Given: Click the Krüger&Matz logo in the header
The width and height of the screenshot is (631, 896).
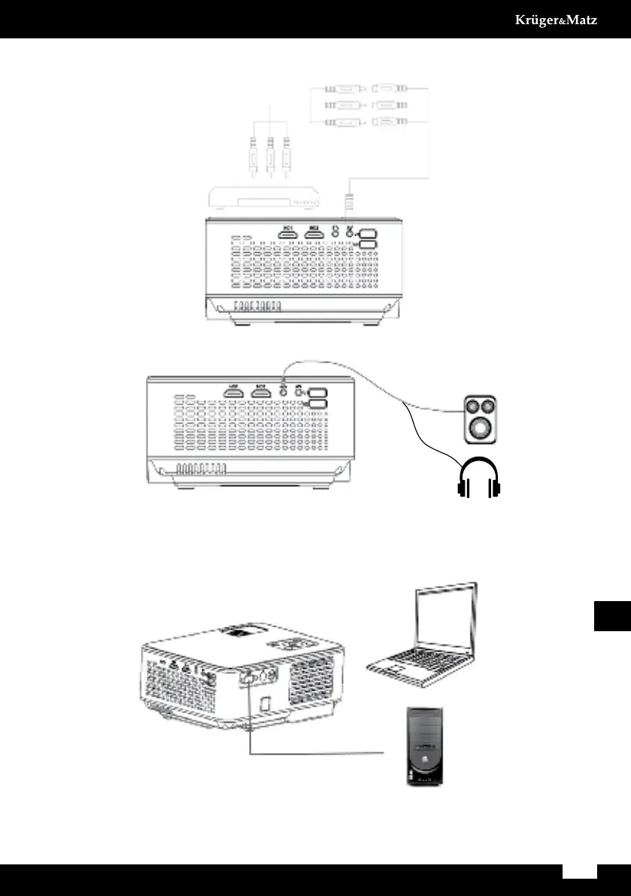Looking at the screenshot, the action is click(x=556, y=20).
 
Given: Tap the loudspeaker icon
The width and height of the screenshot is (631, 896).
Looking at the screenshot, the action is click(x=479, y=418).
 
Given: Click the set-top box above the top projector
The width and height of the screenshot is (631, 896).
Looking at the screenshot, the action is click(x=264, y=199).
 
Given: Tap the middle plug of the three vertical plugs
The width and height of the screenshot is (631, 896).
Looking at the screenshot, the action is click(x=270, y=159).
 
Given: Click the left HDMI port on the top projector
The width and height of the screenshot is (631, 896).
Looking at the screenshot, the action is click(x=287, y=235).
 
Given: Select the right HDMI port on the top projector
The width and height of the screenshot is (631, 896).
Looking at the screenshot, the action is click(x=315, y=235).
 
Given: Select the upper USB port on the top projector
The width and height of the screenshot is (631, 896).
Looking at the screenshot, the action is click(x=367, y=234).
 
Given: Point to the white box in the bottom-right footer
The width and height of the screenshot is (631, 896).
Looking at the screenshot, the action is click(x=580, y=870).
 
